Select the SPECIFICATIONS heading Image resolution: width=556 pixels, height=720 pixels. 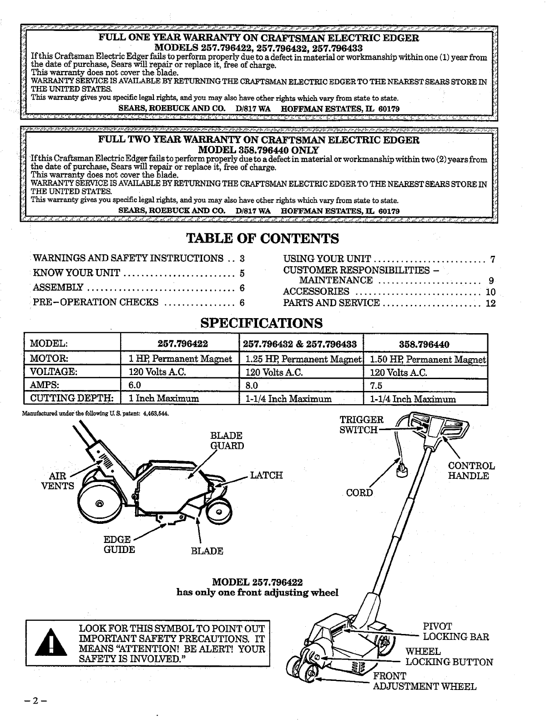coord(262,323)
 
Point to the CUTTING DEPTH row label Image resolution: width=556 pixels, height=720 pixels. coord(71,399)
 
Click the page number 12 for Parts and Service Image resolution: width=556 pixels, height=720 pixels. coord(490,304)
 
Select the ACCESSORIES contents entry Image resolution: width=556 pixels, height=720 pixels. coord(316,292)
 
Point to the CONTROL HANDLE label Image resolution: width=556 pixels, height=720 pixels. coord(471,471)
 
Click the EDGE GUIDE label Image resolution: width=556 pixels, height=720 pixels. coord(119,544)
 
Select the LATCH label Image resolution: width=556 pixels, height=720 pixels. coord(267,475)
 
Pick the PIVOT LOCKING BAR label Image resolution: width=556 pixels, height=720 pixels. coord(455,631)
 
